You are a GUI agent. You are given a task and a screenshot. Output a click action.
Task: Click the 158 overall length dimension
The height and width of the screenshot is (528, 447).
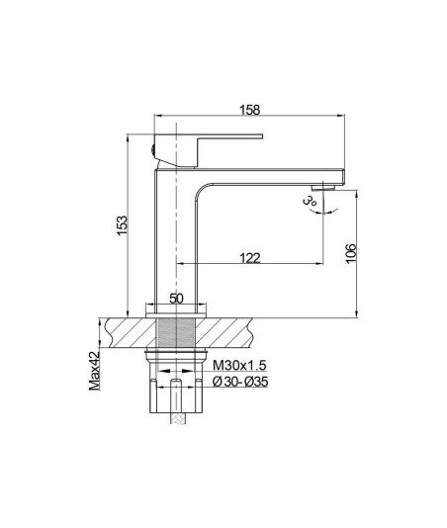coord(250,110)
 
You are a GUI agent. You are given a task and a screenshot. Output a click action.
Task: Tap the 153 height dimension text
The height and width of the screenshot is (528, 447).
coord(123,224)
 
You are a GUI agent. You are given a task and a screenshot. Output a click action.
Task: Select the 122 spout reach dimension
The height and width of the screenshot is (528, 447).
coord(250,258)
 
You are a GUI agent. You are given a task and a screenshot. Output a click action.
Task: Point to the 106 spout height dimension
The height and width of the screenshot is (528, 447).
coord(350,253)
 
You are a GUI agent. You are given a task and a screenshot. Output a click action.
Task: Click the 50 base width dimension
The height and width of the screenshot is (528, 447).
coord(176,299)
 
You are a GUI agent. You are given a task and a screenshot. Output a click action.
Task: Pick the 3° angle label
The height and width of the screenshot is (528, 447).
coord(310,201)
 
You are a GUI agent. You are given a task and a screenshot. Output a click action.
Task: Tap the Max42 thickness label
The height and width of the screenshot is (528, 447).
coord(95,371)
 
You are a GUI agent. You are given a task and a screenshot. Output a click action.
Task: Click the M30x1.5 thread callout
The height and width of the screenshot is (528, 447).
coord(239,365)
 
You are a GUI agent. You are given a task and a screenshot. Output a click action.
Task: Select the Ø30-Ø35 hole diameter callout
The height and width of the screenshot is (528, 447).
coord(240,382)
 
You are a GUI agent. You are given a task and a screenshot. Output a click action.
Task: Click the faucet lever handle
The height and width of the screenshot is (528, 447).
coord(209,150)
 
